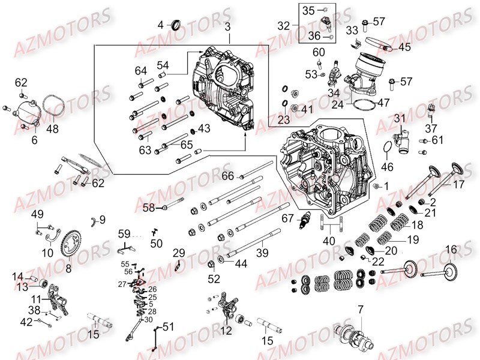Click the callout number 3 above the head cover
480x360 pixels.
(227, 27)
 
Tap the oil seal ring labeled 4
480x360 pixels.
(177, 25)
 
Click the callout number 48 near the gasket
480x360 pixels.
(53, 128)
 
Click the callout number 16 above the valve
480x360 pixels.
(451, 248)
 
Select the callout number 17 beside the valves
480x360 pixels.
(458, 185)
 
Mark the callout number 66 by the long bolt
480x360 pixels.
(227, 176)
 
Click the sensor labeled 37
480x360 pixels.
(430, 110)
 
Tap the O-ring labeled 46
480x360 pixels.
(385, 148)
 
